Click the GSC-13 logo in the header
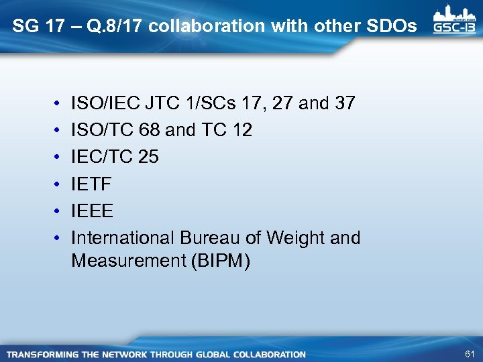(x=454, y=19)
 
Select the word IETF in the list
(x=92, y=184)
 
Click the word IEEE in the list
(x=93, y=211)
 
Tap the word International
(x=124, y=238)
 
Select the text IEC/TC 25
(x=115, y=158)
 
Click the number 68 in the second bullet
(x=151, y=130)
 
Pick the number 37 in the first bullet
(x=345, y=103)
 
